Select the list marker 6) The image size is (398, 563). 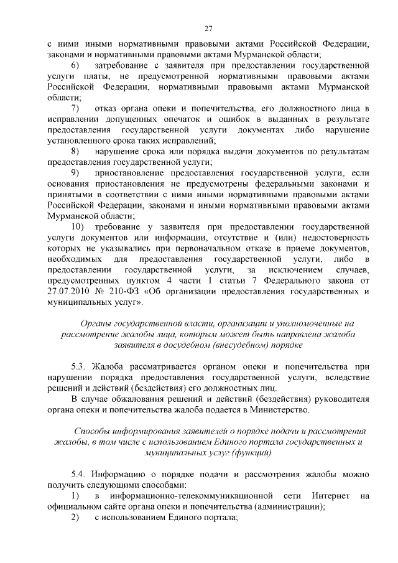pos(75,65)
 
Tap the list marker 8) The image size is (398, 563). pos(75,151)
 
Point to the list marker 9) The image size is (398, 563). pos(75,173)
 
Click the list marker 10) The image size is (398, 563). pos(78,227)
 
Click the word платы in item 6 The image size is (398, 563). pos(91,76)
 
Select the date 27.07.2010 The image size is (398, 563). pos(70,292)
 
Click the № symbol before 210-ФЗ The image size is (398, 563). pos(99,292)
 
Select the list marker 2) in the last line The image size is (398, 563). pos(75,518)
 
